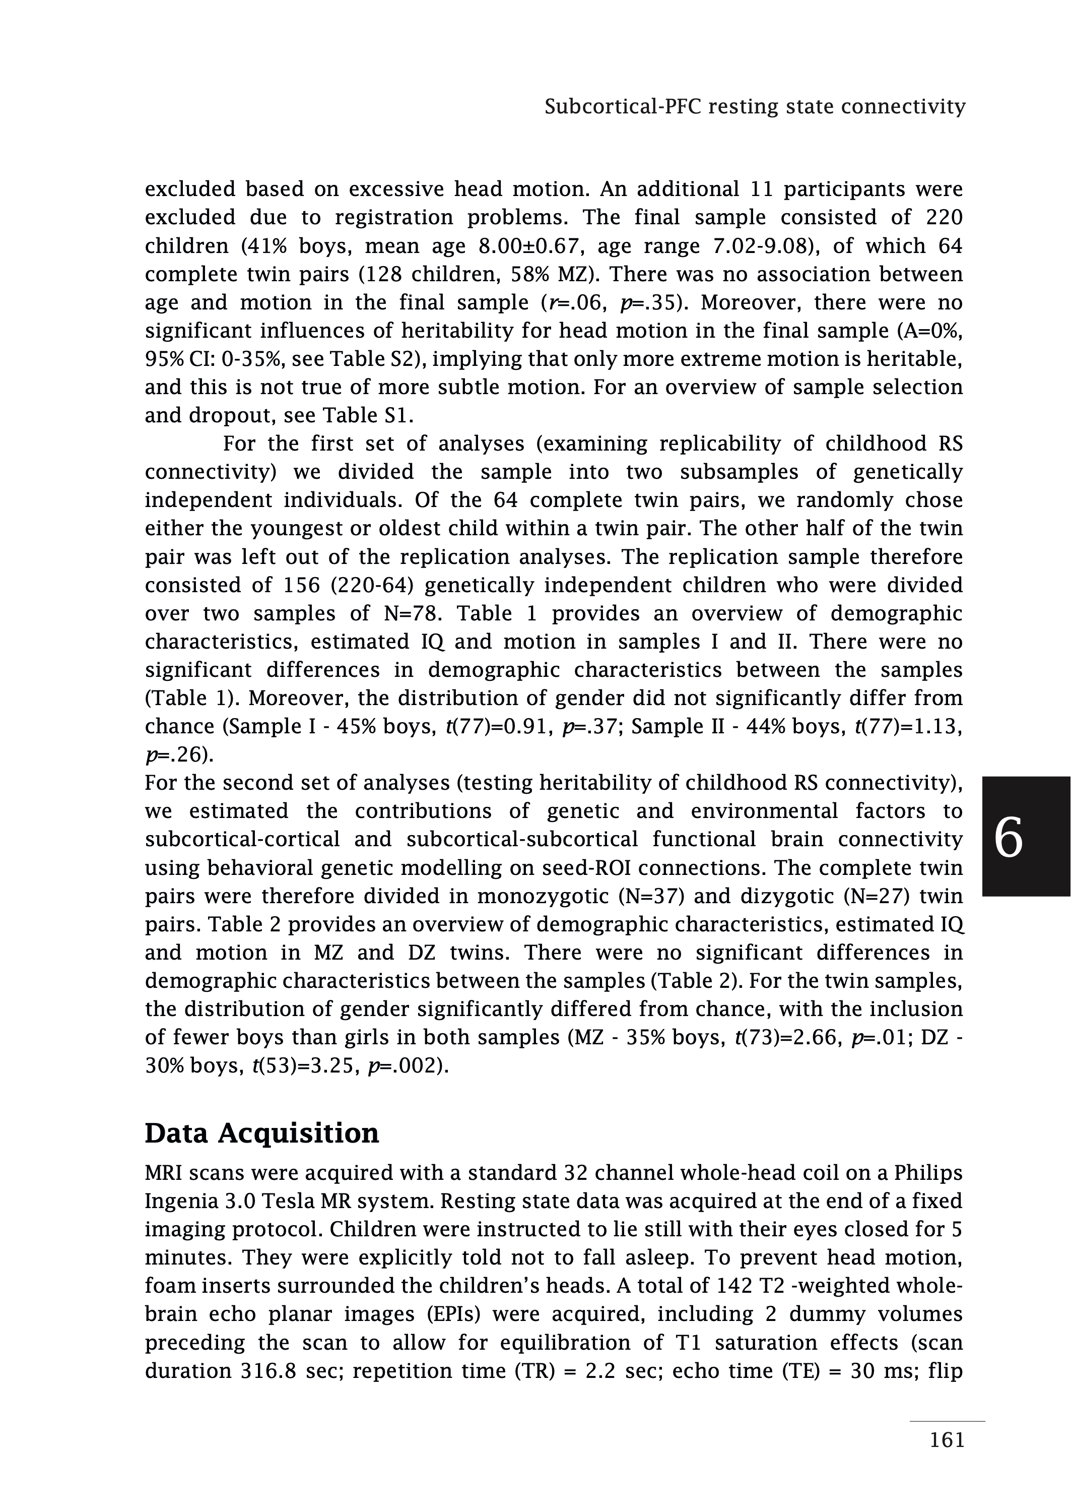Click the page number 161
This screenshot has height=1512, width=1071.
coord(947,1440)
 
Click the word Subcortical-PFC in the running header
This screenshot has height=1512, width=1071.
coord(623,106)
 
